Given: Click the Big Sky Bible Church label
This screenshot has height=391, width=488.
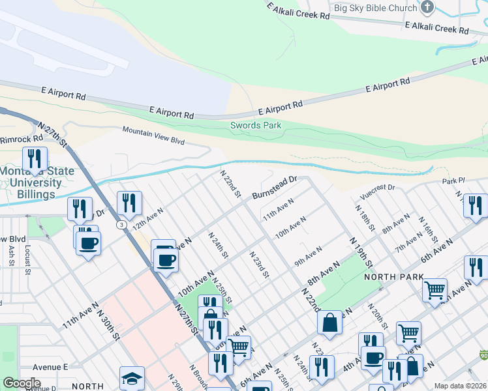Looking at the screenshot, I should pos(375,8).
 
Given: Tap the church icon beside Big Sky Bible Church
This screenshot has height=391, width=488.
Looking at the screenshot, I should pos(427,8).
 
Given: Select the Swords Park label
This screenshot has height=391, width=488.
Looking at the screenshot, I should pos(255,125).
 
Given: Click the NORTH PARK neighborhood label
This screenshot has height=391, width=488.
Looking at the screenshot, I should pos(389,277).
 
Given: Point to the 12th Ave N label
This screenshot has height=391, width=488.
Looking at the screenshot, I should pos(147,219).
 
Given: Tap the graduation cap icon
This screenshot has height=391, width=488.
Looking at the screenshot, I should pos(132,379).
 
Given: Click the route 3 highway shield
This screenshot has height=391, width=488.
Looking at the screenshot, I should pos(121,224).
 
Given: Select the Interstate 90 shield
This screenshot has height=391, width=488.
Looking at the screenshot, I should pos(483,355).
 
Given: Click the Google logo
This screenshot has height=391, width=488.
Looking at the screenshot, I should pos(22,383).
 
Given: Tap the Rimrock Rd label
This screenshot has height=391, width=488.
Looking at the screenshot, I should pos(20,139).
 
